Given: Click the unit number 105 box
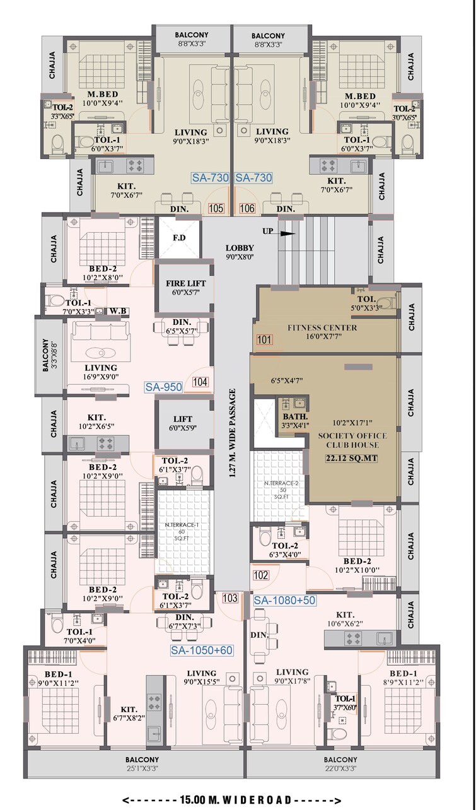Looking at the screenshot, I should (x=216, y=208).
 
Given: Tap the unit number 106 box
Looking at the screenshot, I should (x=248, y=208).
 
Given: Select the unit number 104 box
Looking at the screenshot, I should (x=200, y=382).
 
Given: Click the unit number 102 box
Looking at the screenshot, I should (x=262, y=575).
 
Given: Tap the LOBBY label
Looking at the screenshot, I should (x=240, y=248).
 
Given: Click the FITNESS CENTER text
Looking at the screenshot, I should (x=322, y=327).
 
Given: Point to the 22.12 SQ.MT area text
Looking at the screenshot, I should (x=351, y=458).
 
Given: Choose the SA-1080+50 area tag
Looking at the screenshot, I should (x=285, y=601).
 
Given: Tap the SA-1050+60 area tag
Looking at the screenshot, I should (x=202, y=649).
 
